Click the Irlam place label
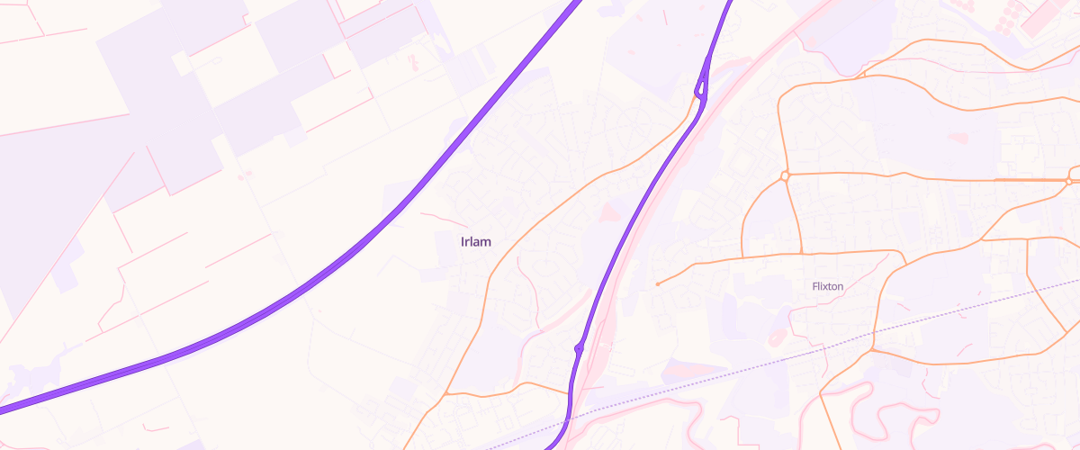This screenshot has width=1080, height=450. point(475,242)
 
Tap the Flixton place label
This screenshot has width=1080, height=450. point(827,286)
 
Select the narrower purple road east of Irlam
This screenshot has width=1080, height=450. point(630,225)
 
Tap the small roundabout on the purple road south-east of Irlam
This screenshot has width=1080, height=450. point(578,347)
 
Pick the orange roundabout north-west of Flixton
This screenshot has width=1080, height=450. point(785,175)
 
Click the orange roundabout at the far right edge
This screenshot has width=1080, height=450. point(1068,181)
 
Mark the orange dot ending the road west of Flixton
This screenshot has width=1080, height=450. point(658,284)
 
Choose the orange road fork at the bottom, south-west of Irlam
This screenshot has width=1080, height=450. point(445,394)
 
